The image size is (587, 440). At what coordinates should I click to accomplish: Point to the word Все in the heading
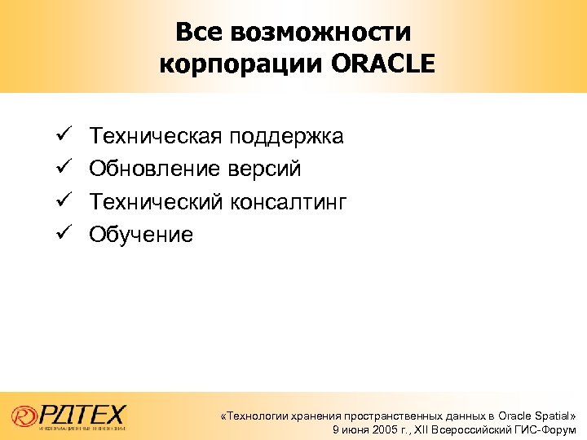coord(201,33)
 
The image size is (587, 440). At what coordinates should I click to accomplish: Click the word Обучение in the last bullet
coord(141,235)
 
